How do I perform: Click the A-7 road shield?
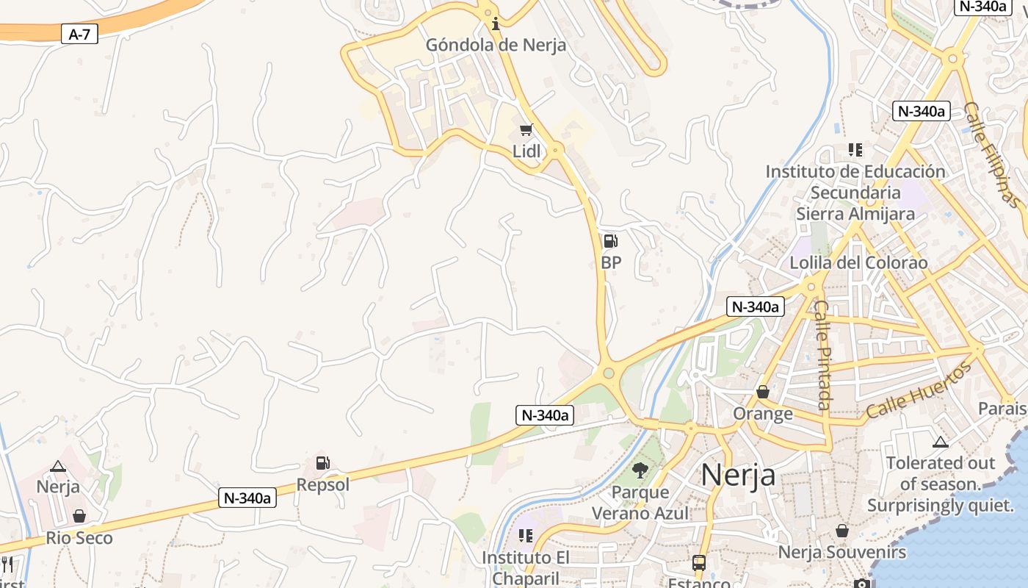(x=79, y=34)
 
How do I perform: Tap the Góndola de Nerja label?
(x=496, y=45)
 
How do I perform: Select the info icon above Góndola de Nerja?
(x=496, y=24)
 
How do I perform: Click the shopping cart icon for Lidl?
(x=526, y=131)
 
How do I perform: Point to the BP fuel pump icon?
(x=610, y=241)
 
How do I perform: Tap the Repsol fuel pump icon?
(x=322, y=463)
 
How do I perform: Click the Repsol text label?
(x=323, y=485)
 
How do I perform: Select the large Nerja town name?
(x=738, y=475)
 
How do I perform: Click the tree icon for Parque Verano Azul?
(x=640, y=470)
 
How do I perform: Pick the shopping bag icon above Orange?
(x=763, y=392)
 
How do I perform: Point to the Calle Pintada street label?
(x=822, y=355)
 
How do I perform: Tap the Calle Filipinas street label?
(x=991, y=154)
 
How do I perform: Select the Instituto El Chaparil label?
(x=526, y=567)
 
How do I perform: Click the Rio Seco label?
(x=79, y=538)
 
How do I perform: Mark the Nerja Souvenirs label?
(x=842, y=552)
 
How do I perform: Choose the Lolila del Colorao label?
(x=858, y=263)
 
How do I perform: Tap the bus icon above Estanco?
(x=698, y=563)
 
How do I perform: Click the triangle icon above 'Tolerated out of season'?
(x=940, y=442)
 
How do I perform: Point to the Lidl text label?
(x=526, y=151)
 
